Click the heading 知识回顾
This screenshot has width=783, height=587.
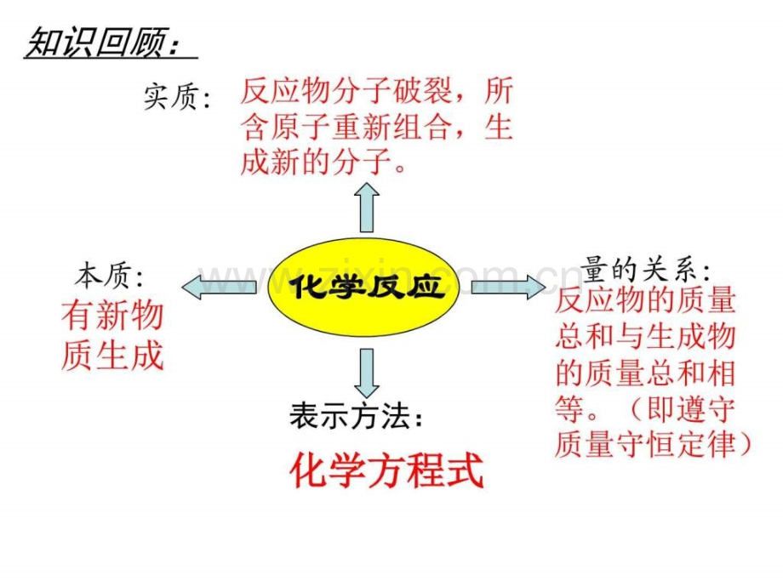(102, 43)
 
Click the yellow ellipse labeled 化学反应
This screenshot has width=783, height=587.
(363, 287)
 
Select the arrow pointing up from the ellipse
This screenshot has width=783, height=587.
(367, 207)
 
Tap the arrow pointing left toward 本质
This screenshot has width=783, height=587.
(219, 287)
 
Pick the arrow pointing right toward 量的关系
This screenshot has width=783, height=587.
(508, 287)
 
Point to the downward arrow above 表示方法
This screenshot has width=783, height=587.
(367, 373)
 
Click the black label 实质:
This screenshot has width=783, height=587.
(178, 97)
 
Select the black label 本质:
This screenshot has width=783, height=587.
(109, 276)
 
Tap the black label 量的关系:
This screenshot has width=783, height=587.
(646, 270)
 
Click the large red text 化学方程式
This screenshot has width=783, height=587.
(387, 470)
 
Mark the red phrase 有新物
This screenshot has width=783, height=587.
(113, 316)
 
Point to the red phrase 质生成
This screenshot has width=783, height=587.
(113, 355)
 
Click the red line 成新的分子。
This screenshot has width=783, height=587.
(323, 162)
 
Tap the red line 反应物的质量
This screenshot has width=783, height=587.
(645, 300)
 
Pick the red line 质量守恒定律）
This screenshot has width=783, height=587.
(653, 444)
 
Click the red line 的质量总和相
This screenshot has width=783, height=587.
(645, 373)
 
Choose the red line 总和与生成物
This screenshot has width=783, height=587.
(645, 336)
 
